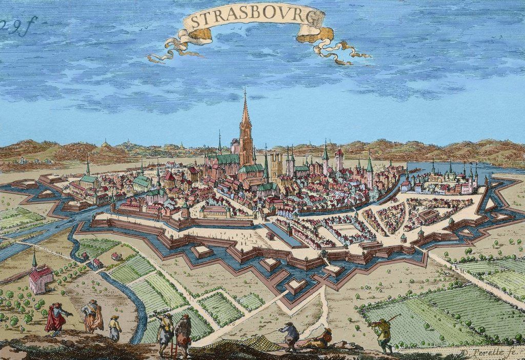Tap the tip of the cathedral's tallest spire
[x=245, y=91]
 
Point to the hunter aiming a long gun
[x=382, y=333]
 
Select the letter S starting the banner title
[x=188, y=22]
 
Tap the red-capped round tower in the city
[x=339, y=159]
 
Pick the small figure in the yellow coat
[x=114, y=329]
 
